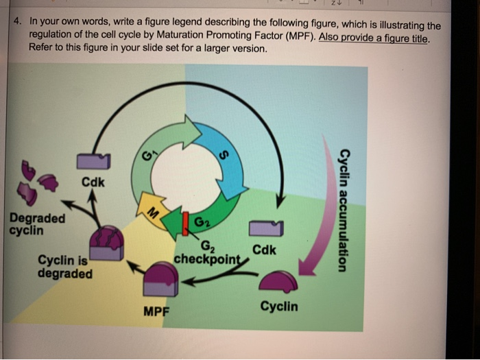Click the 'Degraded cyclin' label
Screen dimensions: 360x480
[x=37, y=224]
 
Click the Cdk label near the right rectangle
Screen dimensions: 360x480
[x=265, y=250]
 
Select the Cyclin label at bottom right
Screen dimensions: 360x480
[x=279, y=306]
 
